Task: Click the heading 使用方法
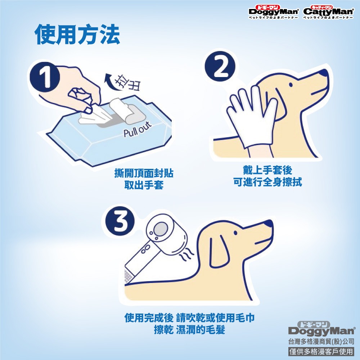click(x=77, y=35)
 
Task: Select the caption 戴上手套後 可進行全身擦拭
click(x=267, y=176)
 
